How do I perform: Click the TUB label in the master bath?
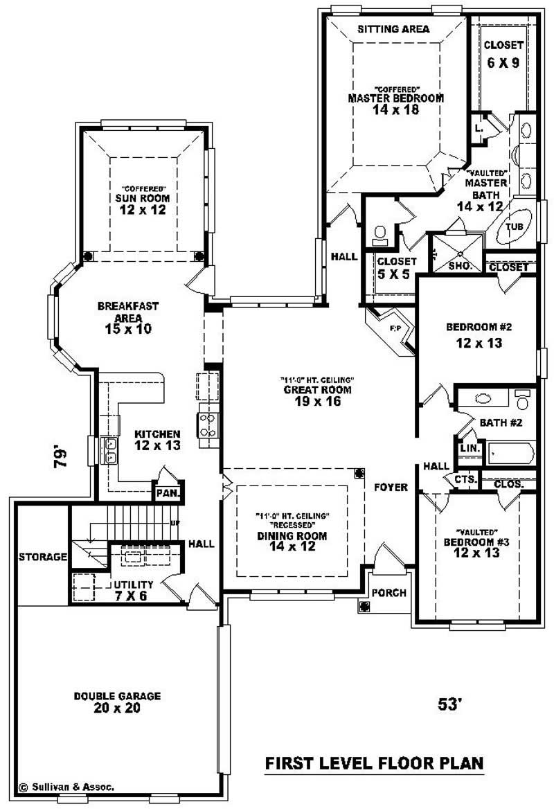coord(514,227)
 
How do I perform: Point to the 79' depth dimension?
coord(62,457)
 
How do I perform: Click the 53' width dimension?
coord(449,704)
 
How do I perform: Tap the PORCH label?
coord(388,593)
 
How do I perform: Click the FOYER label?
coord(391,488)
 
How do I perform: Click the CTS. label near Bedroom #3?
coord(465,479)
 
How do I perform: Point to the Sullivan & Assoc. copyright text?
coord(66,787)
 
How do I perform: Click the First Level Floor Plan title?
coord(375,763)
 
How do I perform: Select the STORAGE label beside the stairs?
coord(42,557)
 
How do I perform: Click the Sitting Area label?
coord(393,29)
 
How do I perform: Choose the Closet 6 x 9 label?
coord(503,53)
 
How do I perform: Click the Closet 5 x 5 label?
coord(396,268)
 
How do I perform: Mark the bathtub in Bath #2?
coord(511,454)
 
